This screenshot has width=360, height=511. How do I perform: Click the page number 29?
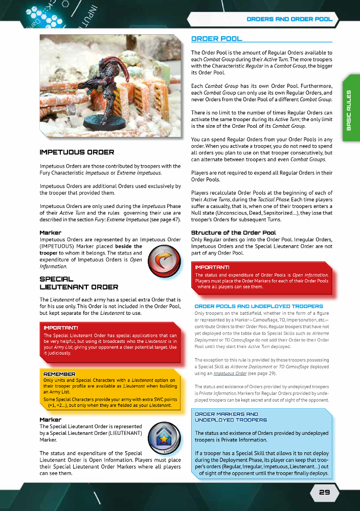[324, 493]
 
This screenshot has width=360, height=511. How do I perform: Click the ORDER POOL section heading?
[216, 39]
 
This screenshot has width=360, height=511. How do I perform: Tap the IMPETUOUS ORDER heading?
[77, 152]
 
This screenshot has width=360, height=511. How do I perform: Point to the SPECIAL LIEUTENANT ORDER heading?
[79, 283]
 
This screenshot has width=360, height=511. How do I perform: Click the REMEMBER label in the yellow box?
[59, 375]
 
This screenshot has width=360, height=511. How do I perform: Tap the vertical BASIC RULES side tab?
[349, 110]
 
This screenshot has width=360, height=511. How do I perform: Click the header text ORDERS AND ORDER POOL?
[289, 19]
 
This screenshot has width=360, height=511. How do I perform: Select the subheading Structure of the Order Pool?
[233, 233]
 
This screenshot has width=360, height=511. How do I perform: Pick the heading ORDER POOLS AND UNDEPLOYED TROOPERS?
[259, 306]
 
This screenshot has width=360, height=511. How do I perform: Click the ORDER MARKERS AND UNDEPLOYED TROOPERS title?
[231, 417]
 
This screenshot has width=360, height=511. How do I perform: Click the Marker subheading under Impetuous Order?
[50, 233]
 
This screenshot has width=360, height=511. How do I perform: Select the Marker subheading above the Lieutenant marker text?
[50, 420]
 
